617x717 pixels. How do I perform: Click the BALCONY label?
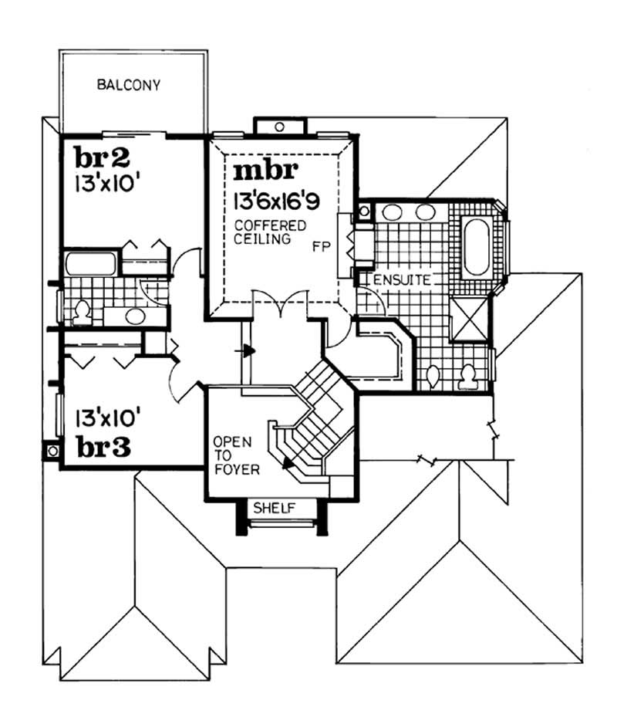pos(129,85)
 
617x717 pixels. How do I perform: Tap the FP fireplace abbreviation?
pos(322,248)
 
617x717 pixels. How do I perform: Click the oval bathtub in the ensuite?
pos(476,246)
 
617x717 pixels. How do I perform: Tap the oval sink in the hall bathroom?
pos(134,316)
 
